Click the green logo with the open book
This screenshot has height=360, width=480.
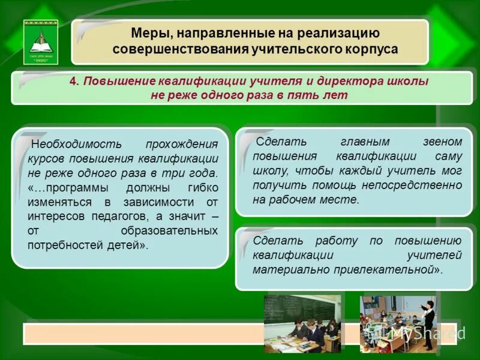coord(41,41)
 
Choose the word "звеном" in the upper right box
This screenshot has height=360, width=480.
coord(443,142)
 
